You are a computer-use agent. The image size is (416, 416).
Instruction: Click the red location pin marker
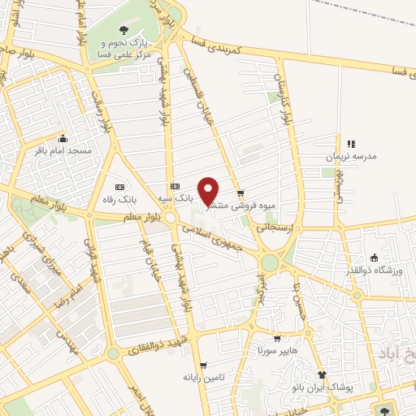pos(209,191)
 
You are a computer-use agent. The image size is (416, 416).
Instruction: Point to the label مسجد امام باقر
pos(63,150)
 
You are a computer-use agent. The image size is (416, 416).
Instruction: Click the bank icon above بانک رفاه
pos(119,186)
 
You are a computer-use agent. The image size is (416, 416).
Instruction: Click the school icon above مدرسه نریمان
pos(351,143)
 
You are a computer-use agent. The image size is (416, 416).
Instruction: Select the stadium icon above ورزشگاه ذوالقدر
pos(373,258)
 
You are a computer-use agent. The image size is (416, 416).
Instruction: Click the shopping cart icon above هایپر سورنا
pos(277,339)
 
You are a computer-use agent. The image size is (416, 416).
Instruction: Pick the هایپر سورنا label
pos(277,351)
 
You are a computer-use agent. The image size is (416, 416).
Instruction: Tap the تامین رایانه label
pos(202,377)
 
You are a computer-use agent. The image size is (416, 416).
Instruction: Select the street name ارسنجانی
pos(276,229)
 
